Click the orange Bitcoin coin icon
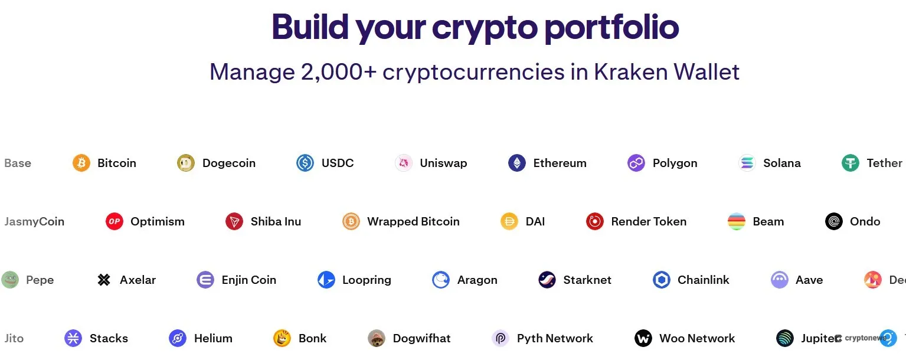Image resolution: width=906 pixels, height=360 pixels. click(x=81, y=163)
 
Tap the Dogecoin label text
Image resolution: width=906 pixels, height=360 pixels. click(x=228, y=163)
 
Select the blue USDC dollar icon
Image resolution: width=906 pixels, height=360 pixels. click(x=305, y=163)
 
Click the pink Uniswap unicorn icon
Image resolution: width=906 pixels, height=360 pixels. click(x=404, y=163)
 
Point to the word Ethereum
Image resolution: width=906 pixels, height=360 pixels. click(x=560, y=163)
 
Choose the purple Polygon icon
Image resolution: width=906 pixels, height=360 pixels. click(x=636, y=163)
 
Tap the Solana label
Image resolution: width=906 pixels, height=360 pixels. click(x=781, y=163)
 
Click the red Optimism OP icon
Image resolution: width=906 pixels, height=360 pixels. click(x=115, y=221)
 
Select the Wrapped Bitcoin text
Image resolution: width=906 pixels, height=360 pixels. click(x=413, y=221)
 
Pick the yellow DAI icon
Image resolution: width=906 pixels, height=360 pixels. click(x=509, y=221)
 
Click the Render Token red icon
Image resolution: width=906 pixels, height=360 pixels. click(x=595, y=221)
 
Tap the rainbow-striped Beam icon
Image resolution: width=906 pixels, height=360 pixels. click(x=737, y=221)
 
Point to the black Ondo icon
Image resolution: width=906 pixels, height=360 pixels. click(x=834, y=221)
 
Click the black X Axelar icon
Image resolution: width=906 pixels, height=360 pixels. click(x=104, y=280)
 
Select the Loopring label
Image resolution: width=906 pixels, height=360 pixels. click(x=367, y=280)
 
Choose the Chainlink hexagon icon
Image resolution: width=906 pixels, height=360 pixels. click(x=662, y=280)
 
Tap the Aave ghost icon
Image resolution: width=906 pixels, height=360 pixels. click(x=780, y=280)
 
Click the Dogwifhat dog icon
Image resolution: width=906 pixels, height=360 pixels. click(x=377, y=338)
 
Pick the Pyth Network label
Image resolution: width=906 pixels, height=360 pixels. click(x=555, y=338)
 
